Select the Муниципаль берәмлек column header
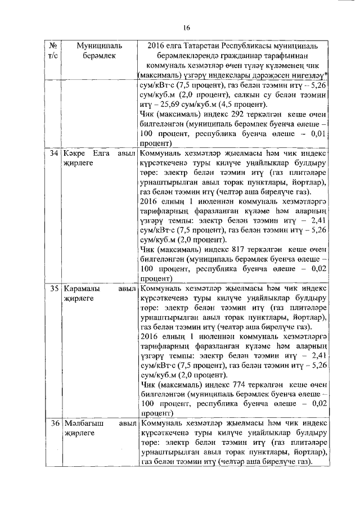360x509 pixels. coord(94,49)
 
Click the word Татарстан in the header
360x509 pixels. coord(202,45)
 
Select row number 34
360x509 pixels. coord(53,154)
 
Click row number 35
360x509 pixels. coord(53,289)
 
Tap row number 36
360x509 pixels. coord(53,423)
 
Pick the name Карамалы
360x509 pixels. coord(84,289)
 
